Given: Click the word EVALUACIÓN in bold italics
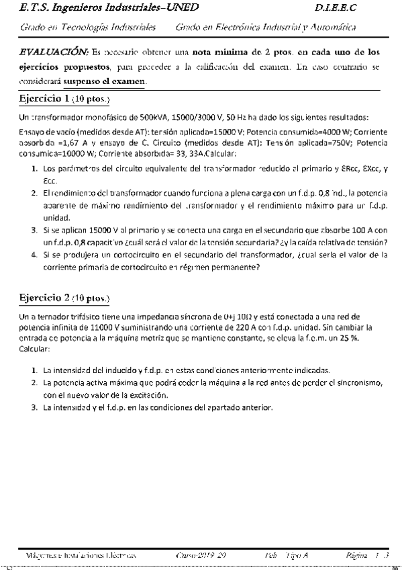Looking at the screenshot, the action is coord(54,51).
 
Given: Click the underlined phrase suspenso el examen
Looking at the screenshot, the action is coord(104,82).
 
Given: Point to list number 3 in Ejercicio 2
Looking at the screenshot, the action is coord(34,407).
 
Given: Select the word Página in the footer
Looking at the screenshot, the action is coord(356,555).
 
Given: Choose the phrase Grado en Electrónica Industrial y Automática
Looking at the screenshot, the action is coord(266,28).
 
